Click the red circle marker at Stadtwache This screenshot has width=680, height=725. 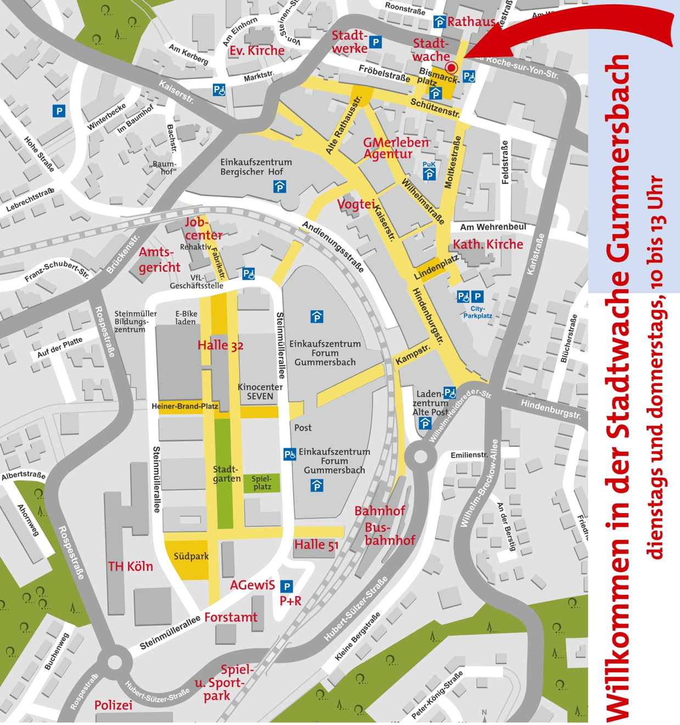(x=451, y=68)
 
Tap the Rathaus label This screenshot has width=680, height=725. (x=471, y=22)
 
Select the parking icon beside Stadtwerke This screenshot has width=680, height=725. (x=375, y=42)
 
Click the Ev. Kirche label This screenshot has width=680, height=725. (x=257, y=50)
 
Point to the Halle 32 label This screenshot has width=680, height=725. (x=220, y=345)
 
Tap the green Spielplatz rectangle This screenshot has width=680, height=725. (x=262, y=483)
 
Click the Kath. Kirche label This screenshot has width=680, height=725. (x=487, y=244)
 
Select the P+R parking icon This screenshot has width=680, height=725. (x=286, y=586)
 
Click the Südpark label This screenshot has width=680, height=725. (x=191, y=557)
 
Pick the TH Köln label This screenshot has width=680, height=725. (x=130, y=566)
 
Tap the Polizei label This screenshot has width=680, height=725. (x=113, y=705)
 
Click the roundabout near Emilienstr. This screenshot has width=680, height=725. (x=421, y=457)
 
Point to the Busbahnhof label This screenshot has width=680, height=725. (x=389, y=534)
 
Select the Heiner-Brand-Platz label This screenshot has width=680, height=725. (x=185, y=407)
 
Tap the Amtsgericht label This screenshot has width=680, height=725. (x=159, y=260)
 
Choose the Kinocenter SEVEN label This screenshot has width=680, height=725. (x=260, y=391)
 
